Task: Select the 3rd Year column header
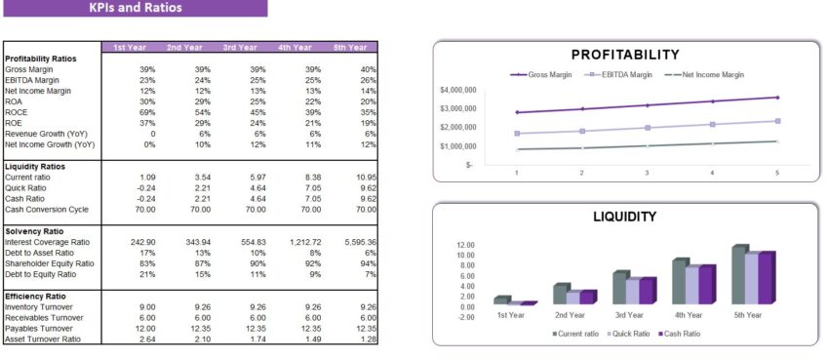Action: pyautogui.click(x=239, y=47)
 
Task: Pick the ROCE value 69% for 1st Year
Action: pyautogui.click(x=147, y=112)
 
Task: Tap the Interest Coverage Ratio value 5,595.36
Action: pyautogui.click(x=360, y=241)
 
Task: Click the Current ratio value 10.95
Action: pyautogui.click(x=363, y=177)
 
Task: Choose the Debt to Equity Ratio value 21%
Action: pyautogui.click(x=147, y=273)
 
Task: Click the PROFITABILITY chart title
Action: pyautogui.click(x=625, y=55)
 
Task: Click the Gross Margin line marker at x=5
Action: pyautogui.click(x=777, y=98)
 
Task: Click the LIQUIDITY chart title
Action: pyautogui.click(x=625, y=217)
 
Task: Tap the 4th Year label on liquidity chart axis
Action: pyautogui.click(x=689, y=315)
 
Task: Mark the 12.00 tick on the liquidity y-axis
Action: pyautogui.click(x=465, y=245)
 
